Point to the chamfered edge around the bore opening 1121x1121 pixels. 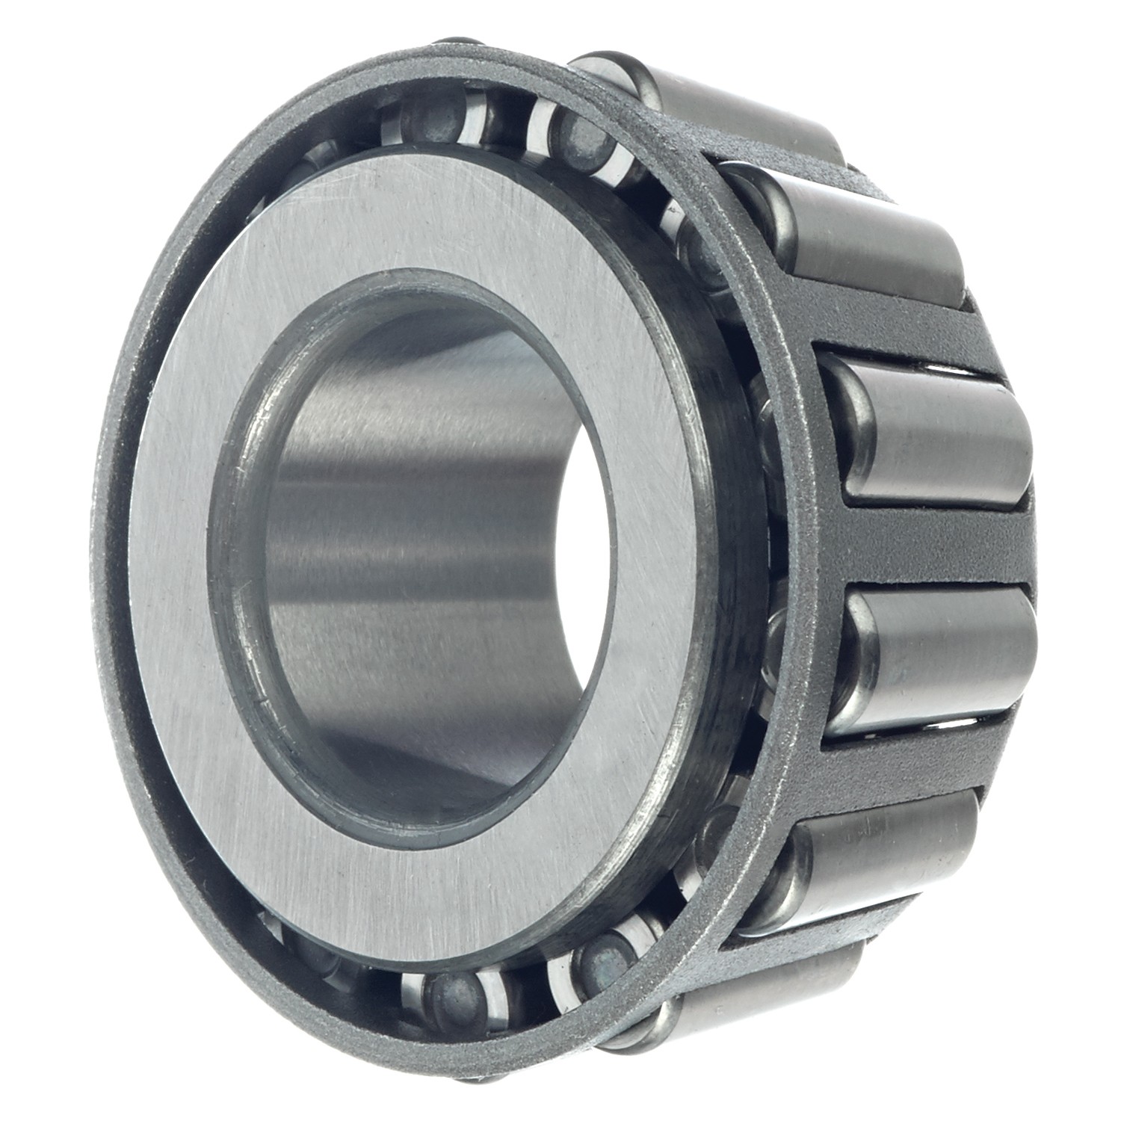[224, 523]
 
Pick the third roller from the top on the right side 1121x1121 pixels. [934, 430]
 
